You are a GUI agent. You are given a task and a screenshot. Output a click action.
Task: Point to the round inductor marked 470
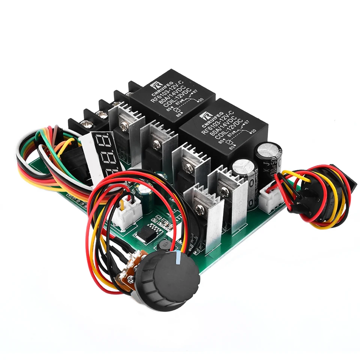[165, 246]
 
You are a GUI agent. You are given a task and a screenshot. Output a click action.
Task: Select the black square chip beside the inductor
[142, 235]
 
